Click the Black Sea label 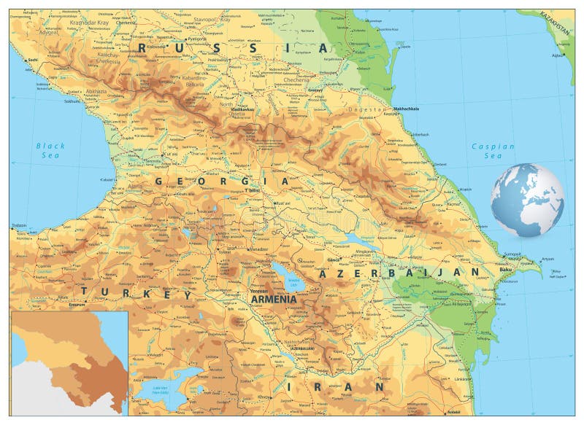(50, 150)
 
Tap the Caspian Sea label (493, 151)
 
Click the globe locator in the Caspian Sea (527, 200)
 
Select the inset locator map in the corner (69, 362)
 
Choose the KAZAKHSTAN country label (556, 26)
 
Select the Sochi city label (31, 60)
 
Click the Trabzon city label (19, 226)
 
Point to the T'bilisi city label (252, 191)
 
